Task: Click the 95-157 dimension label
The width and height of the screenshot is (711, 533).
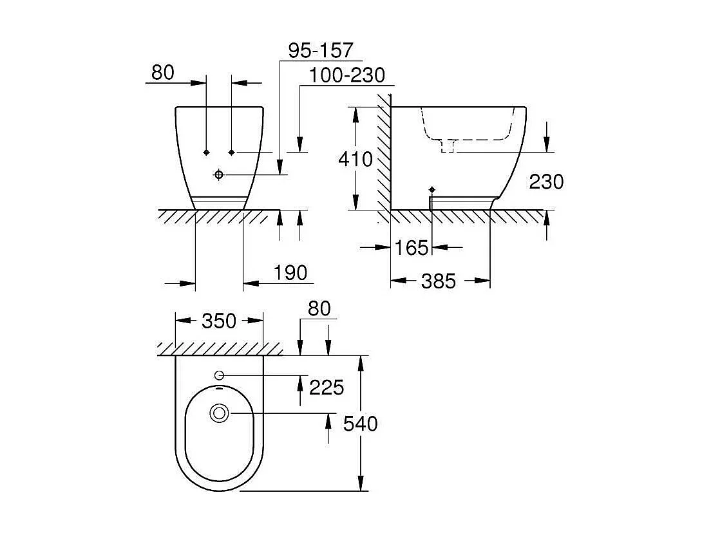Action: (320, 50)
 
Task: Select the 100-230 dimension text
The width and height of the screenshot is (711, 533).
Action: (346, 75)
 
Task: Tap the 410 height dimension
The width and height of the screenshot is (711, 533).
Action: (355, 158)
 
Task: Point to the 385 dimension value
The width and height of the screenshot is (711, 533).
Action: (439, 281)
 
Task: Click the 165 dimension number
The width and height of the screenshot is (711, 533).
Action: (412, 247)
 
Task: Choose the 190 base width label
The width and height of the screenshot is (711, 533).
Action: (290, 273)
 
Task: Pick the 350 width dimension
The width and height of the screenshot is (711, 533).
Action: (219, 321)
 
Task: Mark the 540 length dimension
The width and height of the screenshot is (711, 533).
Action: (361, 424)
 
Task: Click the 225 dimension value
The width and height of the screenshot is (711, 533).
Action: (327, 387)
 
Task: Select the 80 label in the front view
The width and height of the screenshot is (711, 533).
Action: (163, 73)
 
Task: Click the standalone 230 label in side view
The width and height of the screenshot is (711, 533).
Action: (546, 182)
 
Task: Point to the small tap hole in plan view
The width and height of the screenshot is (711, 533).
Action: (218, 375)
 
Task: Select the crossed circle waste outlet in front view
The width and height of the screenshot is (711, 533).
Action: (219, 174)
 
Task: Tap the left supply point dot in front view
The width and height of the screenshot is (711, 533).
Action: (206, 152)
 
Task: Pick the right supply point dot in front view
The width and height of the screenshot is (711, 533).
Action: (231, 152)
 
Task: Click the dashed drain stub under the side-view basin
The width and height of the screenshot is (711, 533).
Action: (447, 147)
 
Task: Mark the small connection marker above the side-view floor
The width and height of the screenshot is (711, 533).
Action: (431, 189)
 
